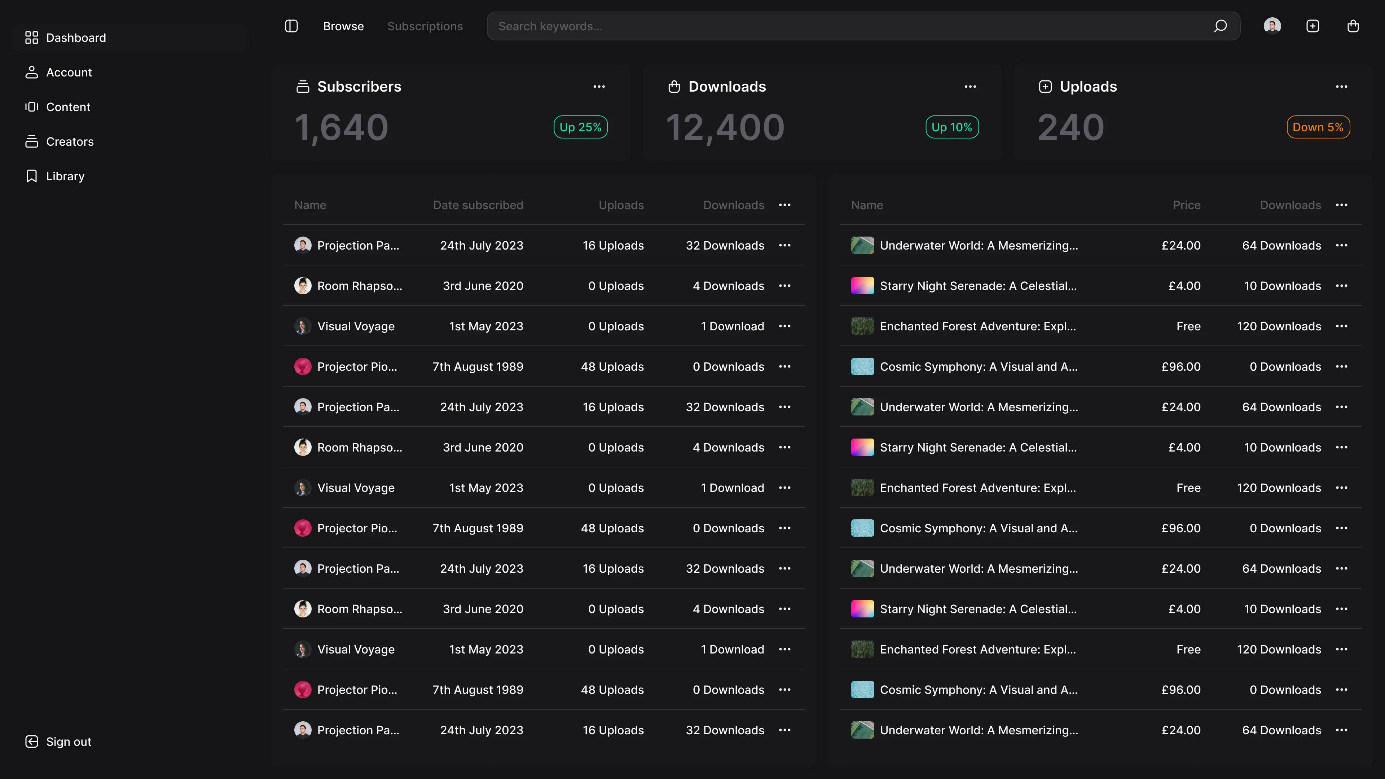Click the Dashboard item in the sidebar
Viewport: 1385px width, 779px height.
click(75, 38)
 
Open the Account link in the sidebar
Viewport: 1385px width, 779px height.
click(69, 72)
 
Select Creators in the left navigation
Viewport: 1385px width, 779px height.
click(69, 141)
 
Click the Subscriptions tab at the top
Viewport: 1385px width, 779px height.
click(425, 26)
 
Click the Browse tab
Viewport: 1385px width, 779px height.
click(343, 26)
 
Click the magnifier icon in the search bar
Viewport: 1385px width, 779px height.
click(1220, 26)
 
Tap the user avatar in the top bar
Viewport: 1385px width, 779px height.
click(1272, 26)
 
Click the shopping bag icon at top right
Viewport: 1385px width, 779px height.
click(1353, 26)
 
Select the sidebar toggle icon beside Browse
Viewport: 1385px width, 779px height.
click(291, 26)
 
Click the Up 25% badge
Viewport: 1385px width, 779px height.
click(580, 127)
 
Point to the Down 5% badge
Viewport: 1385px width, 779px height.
click(1318, 127)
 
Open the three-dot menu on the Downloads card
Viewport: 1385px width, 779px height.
click(970, 87)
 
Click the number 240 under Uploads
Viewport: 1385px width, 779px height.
click(1070, 128)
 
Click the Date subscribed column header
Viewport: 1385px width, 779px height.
click(478, 205)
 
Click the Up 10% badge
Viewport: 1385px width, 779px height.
click(952, 127)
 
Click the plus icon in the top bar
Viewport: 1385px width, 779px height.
click(1313, 26)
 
